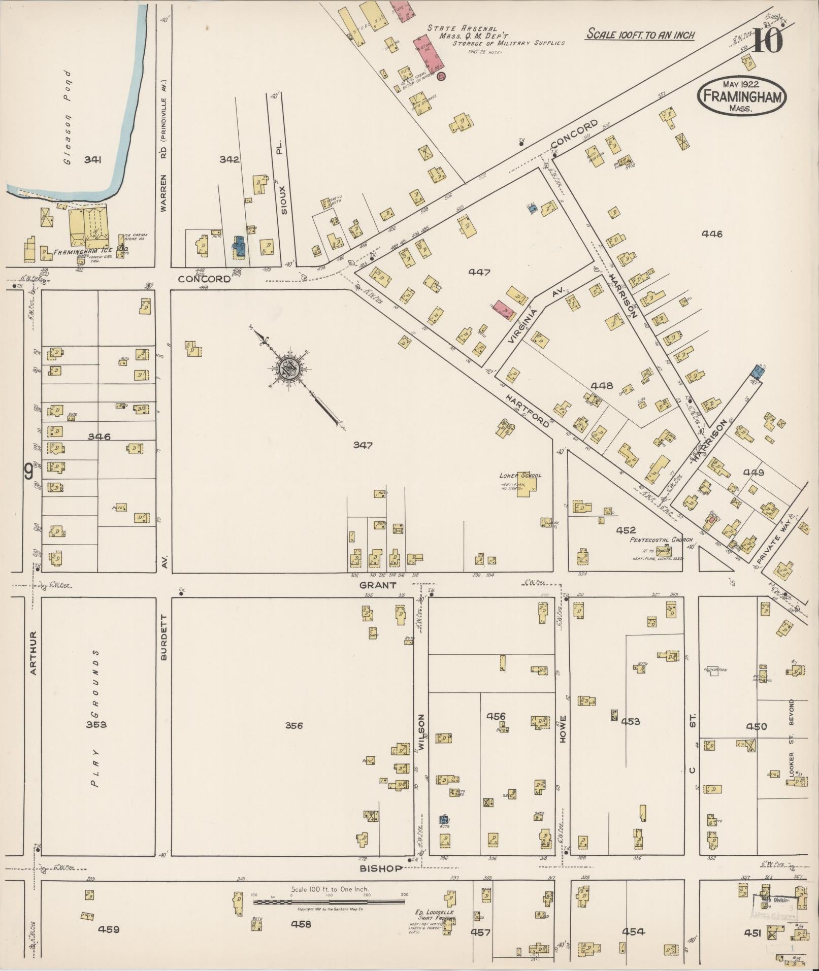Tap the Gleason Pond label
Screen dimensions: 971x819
(68, 117)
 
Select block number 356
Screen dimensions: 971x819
(293, 726)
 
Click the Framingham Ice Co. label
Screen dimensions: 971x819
(83, 251)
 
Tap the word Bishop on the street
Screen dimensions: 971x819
(381, 868)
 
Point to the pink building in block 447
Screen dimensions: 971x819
(503, 309)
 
